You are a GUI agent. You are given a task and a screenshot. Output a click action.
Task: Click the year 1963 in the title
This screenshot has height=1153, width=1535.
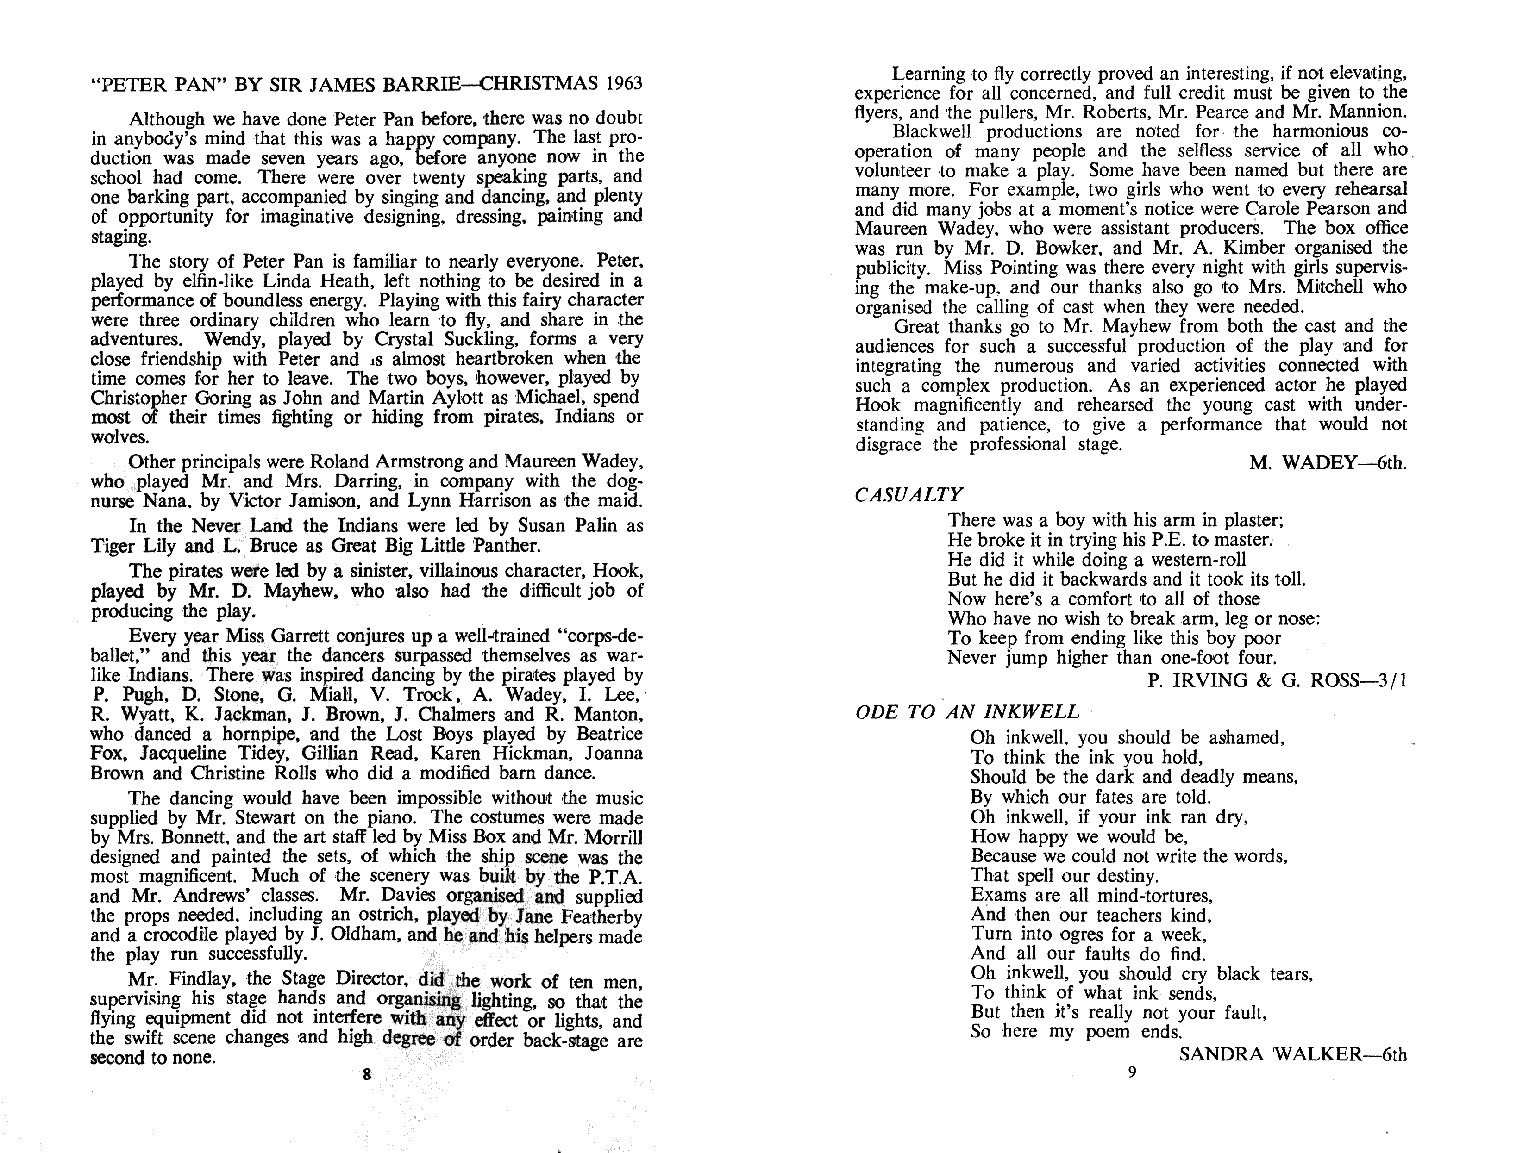pos(624,84)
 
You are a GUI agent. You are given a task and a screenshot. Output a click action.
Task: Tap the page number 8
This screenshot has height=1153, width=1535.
pos(367,1075)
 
